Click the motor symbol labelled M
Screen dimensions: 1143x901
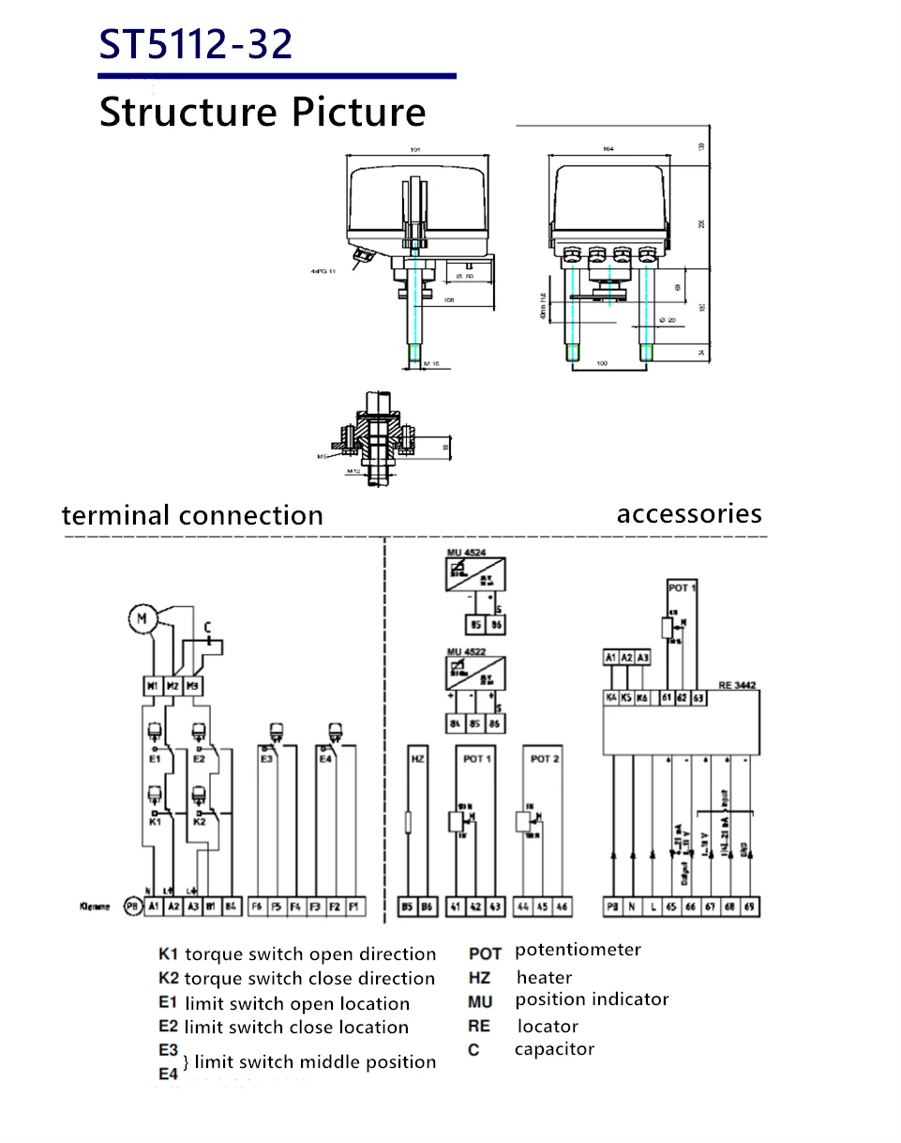click(x=143, y=618)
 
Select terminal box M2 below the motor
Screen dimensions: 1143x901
click(x=173, y=687)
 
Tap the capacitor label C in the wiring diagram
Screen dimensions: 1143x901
click(x=207, y=626)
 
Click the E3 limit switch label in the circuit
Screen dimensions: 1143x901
click(x=267, y=758)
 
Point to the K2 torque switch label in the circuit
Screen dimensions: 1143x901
click(x=199, y=820)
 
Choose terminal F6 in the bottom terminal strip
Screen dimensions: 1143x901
click(x=257, y=907)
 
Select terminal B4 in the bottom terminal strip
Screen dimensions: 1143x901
click(x=230, y=907)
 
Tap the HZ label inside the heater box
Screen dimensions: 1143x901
click(x=418, y=758)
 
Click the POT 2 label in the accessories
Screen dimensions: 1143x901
click(x=545, y=758)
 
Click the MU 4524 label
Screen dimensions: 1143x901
click(x=466, y=552)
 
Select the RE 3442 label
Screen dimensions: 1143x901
click(x=736, y=687)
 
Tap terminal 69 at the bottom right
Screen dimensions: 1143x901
click(x=748, y=907)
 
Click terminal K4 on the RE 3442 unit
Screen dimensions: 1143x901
click(x=612, y=698)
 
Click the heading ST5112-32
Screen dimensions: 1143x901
click(x=196, y=44)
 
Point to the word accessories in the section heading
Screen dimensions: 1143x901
click(x=689, y=513)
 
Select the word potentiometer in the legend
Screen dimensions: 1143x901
click(x=578, y=950)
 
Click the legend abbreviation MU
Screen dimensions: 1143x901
click(x=480, y=1002)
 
